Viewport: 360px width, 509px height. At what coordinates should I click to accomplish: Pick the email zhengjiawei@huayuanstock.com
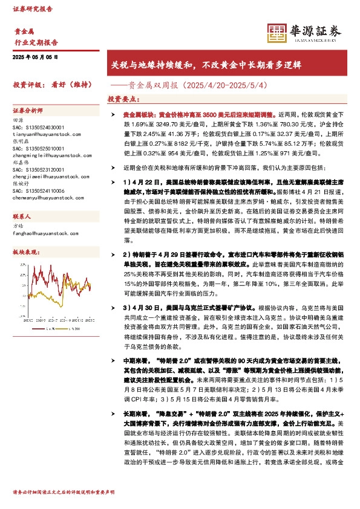coord(41,173)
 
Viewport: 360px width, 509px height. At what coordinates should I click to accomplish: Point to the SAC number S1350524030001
coord(38,127)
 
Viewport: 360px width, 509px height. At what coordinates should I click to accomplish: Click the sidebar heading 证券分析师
coord(28,111)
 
